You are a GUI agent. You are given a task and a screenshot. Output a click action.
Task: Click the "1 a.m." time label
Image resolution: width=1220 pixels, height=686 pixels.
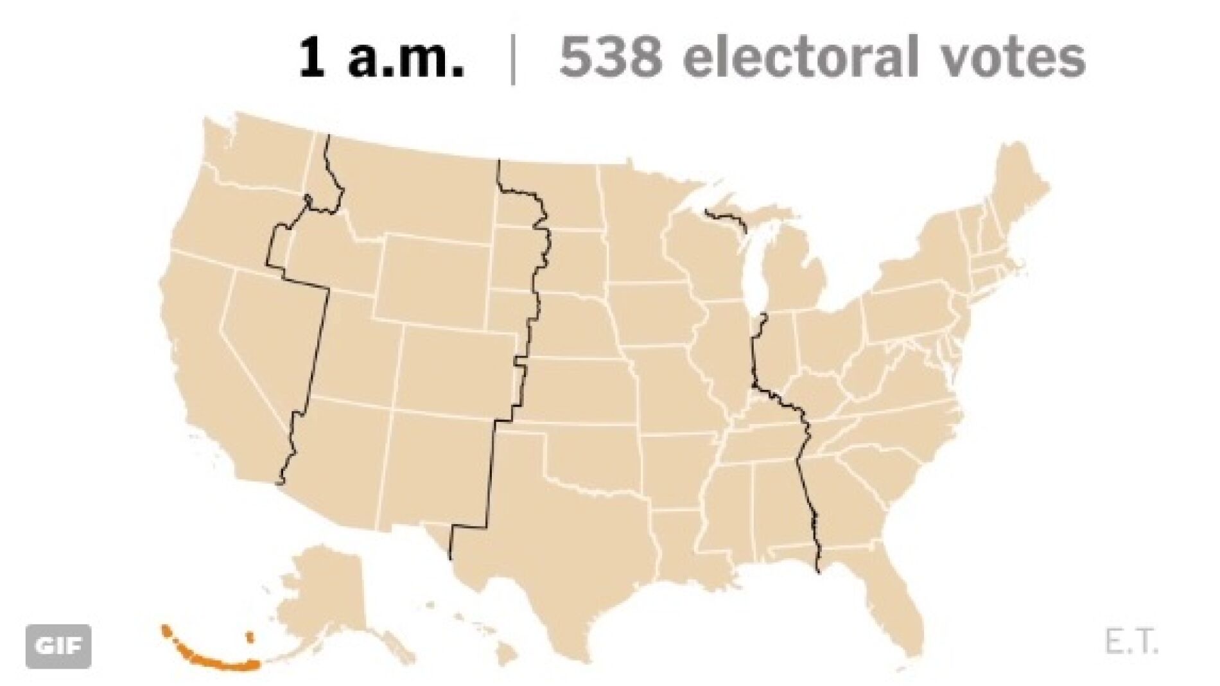pos(381,58)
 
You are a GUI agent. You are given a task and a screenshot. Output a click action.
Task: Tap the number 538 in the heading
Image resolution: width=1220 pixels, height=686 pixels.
pos(610,58)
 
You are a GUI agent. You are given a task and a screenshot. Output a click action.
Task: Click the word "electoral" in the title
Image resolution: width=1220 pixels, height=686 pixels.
pos(800,58)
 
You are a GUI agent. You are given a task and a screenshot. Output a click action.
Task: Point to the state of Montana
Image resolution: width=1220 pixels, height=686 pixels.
pos(417,186)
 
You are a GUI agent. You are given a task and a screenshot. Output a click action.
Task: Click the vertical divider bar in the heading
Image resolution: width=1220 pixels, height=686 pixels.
pos(512,59)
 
